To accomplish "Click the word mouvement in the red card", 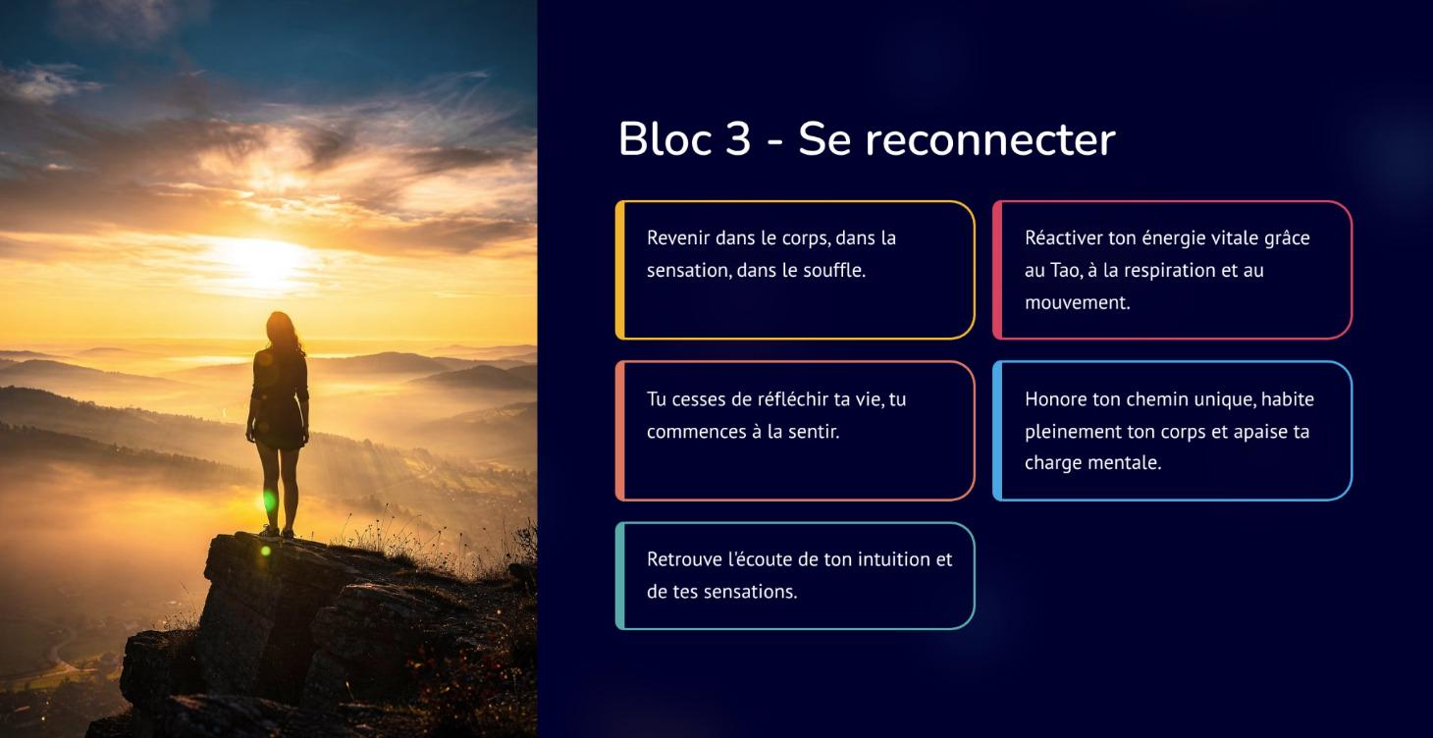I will click(x=1077, y=302).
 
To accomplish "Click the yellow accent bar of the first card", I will click(x=620, y=270).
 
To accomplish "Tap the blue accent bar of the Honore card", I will click(x=997, y=431).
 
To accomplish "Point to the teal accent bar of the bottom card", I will click(x=620, y=575).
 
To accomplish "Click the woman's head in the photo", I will click(x=279, y=327).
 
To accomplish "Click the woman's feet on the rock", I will click(x=277, y=532).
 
